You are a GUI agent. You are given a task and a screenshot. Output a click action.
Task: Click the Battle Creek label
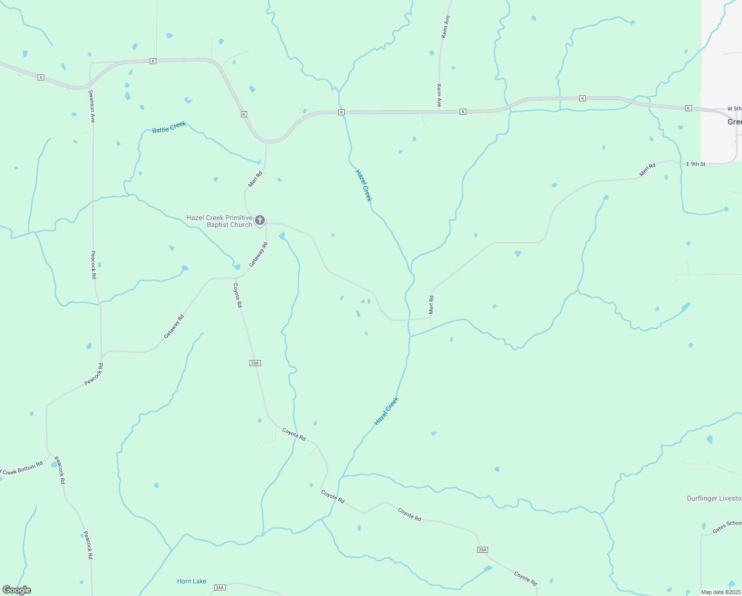point(169,127)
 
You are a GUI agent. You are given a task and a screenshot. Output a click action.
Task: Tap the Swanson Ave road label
point(92,106)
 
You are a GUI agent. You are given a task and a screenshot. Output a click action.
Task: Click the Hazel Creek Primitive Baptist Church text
point(219,221)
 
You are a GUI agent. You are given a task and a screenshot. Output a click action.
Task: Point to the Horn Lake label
point(191,581)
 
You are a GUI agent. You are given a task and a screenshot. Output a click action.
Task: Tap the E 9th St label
point(696,164)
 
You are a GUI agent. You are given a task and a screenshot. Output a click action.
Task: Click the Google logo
point(16,590)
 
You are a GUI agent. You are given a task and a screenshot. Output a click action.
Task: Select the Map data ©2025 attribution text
point(720,592)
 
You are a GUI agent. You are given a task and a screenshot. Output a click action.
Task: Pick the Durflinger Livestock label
point(714,498)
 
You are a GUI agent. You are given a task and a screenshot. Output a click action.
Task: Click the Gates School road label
point(727,527)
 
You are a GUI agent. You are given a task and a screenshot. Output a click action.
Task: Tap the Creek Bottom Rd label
point(22,469)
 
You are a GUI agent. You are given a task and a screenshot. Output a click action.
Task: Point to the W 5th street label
point(734,109)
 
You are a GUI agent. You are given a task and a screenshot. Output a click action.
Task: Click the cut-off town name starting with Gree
point(735,122)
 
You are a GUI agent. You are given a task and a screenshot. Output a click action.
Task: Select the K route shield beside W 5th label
point(688,108)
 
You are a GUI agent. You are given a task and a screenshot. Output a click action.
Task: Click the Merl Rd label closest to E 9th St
point(647,169)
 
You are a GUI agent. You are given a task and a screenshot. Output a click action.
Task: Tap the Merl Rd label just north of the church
point(255,179)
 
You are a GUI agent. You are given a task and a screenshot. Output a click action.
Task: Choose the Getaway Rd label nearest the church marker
point(258,254)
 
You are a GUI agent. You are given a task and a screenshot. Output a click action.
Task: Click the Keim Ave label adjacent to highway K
point(439,95)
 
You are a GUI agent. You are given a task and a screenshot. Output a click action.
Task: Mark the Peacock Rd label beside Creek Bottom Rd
point(60,470)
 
